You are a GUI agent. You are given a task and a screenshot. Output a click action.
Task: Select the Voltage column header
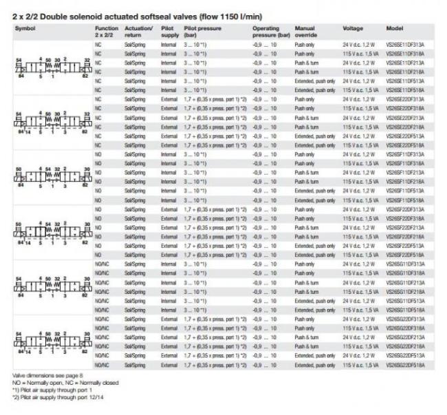[353, 28]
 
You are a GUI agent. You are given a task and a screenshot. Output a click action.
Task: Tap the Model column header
[395, 28]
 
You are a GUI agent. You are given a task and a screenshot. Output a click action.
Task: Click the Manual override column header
[306, 31]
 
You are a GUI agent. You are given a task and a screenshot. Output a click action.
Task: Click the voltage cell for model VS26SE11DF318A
[358, 52]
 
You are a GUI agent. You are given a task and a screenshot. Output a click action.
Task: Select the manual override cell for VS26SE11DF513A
[315, 80]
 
